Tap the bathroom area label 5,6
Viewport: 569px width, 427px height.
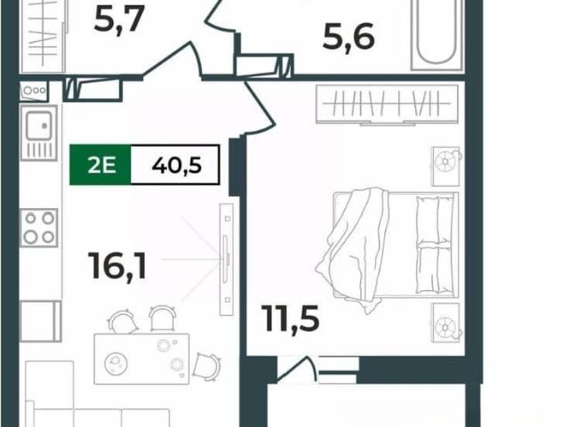click(x=349, y=37)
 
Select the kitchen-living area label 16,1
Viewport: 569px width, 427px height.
click(x=118, y=266)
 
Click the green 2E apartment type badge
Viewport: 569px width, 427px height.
click(x=100, y=165)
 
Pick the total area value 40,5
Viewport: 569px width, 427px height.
click(x=177, y=166)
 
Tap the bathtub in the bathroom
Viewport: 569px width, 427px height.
click(x=437, y=36)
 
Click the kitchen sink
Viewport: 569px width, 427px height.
click(x=38, y=133)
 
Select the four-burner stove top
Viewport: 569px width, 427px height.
click(x=39, y=228)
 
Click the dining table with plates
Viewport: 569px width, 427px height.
click(x=141, y=359)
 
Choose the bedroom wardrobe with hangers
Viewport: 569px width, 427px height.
click(x=387, y=105)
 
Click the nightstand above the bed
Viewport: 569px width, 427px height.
click(x=446, y=166)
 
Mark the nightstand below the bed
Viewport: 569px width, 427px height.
click(x=446, y=323)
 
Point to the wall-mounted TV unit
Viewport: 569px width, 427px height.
click(x=227, y=259)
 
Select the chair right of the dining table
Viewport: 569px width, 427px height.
click(x=206, y=366)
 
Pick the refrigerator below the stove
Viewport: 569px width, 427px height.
click(x=40, y=321)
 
